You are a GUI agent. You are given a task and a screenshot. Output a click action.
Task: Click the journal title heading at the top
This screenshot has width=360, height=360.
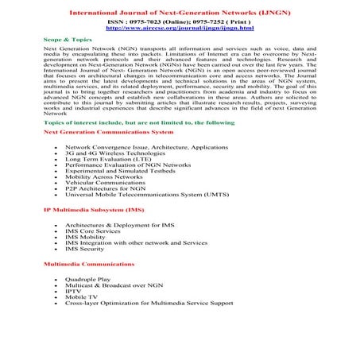point(180,13)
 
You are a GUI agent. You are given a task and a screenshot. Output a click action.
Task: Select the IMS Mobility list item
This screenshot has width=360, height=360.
point(86,236)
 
